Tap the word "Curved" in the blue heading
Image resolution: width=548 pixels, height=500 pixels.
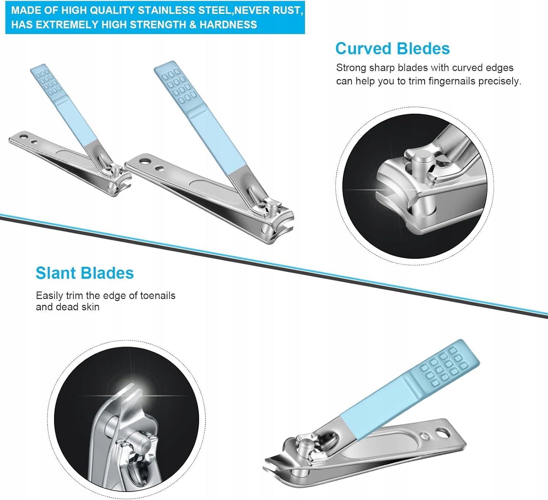pyautogui.click(x=363, y=49)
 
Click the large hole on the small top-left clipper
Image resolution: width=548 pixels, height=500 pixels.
pyautogui.click(x=24, y=137)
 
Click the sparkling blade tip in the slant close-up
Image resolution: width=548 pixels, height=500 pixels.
pyautogui.click(x=130, y=393)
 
